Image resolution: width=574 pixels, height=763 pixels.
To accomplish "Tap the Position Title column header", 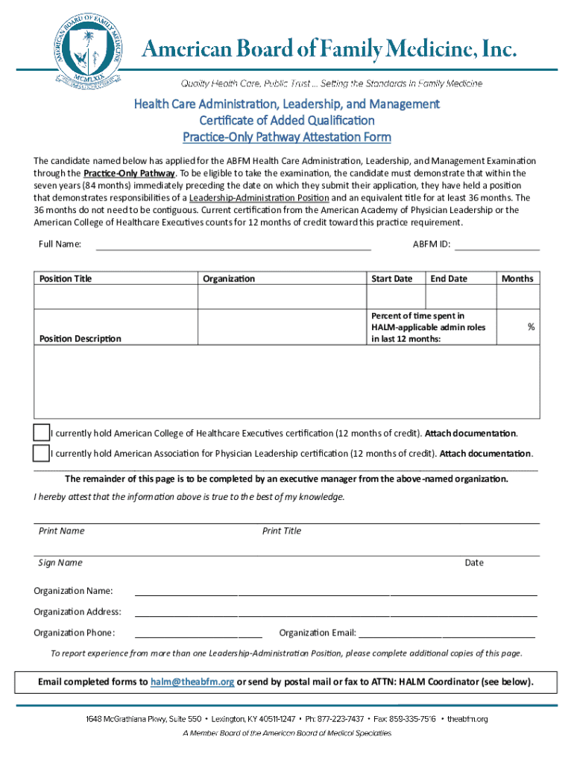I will [x=66, y=279].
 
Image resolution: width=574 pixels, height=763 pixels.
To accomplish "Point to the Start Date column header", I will [x=391, y=279].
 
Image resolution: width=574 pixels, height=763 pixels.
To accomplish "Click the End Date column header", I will [x=449, y=279].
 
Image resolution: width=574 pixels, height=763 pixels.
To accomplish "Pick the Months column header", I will [x=517, y=279].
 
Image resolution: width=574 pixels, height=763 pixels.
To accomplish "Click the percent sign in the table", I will [x=532, y=327].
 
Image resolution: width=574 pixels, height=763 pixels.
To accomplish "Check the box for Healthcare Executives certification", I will [x=42, y=433].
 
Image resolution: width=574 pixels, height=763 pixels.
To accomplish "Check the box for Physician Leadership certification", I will [x=42, y=453].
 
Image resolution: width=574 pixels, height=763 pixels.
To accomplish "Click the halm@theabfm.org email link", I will [x=192, y=682].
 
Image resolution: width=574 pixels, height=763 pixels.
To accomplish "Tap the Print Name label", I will [x=61, y=531].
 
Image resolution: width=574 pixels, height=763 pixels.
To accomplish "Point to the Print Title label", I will [x=282, y=531].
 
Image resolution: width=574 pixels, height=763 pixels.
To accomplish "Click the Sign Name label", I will [x=60, y=563].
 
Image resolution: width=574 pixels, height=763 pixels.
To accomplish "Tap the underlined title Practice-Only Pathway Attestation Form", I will [x=287, y=137].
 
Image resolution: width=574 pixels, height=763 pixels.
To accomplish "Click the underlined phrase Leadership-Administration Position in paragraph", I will [x=259, y=198].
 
